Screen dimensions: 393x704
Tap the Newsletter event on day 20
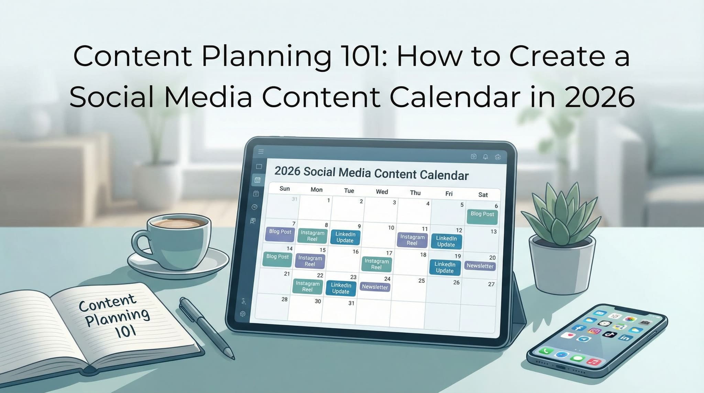[480, 266]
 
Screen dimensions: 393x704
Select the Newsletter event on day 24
[375, 287]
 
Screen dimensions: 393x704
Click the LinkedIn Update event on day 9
[345, 237]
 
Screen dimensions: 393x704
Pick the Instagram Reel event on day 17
[376, 264]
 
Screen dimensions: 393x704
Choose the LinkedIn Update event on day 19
[445, 268]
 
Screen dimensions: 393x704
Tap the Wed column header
[382, 192]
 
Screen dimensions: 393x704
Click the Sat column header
[483, 195]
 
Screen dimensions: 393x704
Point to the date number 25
[421, 281]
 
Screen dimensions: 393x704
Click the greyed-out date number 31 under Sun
[295, 199]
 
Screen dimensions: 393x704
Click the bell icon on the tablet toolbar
[485, 157]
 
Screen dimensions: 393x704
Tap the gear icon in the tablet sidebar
[243, 314]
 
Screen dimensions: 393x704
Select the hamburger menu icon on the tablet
[261, 151]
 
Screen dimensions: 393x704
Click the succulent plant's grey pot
[560, 265]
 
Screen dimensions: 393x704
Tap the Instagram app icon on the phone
[594, 331]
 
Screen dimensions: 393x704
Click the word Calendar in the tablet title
[444, 175]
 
